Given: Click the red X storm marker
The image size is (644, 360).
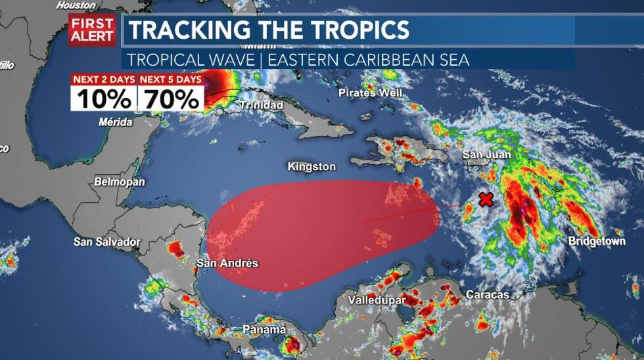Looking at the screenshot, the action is [x=486, y=200].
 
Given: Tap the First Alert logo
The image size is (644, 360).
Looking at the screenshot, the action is [x=92, y=30].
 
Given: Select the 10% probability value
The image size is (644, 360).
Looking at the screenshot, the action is [x=104, y=99].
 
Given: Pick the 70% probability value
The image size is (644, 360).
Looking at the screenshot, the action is [x=170, y=99].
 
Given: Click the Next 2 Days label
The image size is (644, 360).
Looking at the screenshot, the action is [x=104, y=79].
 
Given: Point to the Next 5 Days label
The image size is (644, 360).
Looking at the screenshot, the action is [x=170, y=79].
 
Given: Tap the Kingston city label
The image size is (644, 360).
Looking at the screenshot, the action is [x=311, y=167].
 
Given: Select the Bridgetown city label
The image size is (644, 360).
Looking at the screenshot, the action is [x=597, y=242].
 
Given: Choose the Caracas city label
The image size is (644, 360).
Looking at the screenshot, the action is [x=488, y=295].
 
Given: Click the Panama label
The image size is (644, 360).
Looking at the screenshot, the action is [x=264, y=330].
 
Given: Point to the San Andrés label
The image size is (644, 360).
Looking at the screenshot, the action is [x=227, y=263].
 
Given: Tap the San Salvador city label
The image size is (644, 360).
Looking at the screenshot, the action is [x=107, y=242].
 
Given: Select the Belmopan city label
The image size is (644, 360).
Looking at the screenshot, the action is [x=120, y=181].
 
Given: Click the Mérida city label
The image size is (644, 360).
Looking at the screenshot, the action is [x=115, y=122].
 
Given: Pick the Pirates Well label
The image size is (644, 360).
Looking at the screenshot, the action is [x=370, y=93].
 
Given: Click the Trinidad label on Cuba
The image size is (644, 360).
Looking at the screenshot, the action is [x=262, y=105].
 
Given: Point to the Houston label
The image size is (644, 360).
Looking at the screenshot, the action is [x=76, y=5].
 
